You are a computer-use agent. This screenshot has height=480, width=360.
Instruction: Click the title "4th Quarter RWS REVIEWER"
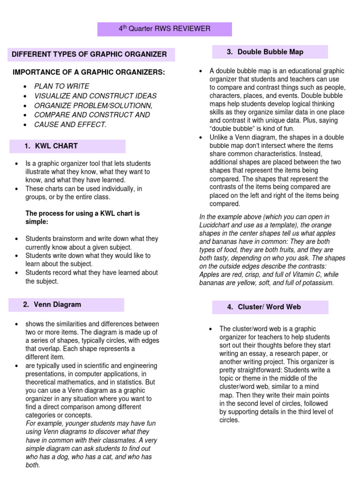click(164, 29)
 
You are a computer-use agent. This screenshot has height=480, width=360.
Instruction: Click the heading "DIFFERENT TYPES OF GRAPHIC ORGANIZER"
click(89, 54)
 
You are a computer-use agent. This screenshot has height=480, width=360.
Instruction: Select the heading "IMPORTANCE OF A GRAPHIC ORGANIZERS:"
click(89, 72)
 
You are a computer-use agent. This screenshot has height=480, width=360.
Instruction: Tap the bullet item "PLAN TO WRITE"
click(61, 86)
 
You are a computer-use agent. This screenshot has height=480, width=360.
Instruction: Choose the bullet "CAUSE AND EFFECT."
click(70, 124)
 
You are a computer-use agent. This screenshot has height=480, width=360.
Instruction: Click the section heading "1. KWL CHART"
click(51, 146)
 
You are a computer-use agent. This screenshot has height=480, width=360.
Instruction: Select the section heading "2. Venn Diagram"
click(52, 304)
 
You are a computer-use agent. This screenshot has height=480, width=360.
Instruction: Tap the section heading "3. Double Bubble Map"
click(265, 52)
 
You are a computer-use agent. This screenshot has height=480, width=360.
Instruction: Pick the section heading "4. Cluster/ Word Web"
click(263, 307)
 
